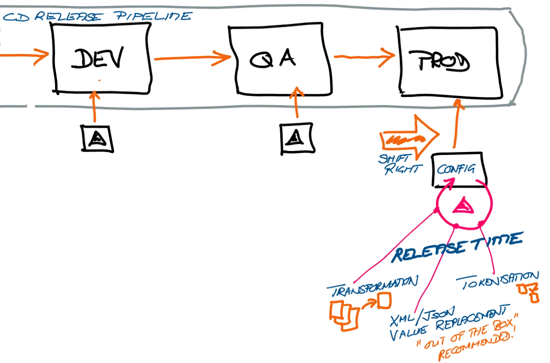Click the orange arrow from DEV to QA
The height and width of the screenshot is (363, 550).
point(192,58)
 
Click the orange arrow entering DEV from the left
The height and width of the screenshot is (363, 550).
point(23,54)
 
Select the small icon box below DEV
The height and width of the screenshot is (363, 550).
point(98,138)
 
